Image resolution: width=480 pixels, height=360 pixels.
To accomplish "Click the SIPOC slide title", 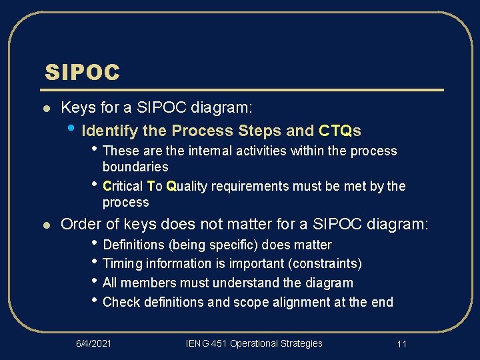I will coord(82,72).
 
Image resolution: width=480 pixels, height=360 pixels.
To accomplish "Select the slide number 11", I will coord(401,344).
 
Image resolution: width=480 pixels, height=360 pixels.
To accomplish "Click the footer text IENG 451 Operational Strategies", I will coord(254,343).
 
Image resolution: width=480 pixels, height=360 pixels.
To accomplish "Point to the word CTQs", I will coord(340,130).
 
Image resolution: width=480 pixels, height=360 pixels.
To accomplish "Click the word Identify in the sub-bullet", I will coord(105,130).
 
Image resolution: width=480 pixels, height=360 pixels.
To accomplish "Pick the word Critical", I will coord(123,186).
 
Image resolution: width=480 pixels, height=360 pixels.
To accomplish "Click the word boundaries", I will coord(135,167).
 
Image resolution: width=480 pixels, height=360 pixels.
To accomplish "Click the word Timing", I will coord(121,263).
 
